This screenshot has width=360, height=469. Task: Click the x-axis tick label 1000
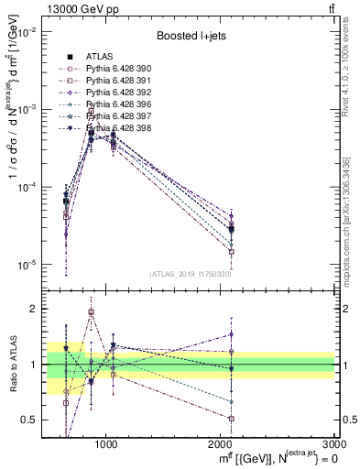106,442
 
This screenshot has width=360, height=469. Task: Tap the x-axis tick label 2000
221,442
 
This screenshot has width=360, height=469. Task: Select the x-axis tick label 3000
333,442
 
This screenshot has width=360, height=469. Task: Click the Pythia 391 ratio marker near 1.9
91,312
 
